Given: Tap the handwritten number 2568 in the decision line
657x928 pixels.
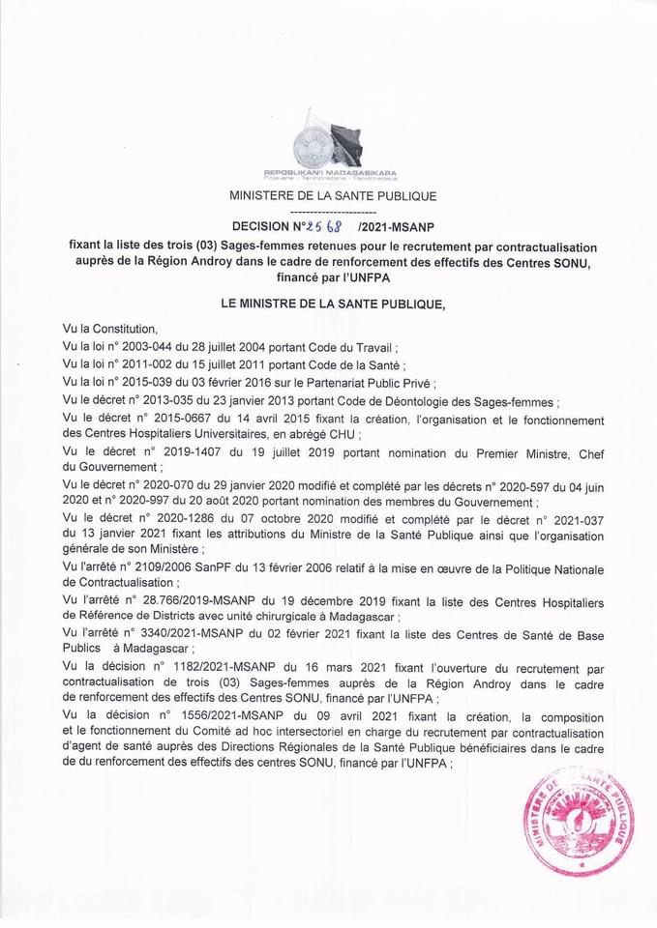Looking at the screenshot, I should tap(324, 227).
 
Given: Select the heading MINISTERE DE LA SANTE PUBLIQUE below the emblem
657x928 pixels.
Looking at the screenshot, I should tap(332, 196).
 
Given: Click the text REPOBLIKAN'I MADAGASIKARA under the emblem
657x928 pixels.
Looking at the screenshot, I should tap(331, 171).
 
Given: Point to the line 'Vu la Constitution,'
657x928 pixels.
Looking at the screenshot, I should tap(108, 329).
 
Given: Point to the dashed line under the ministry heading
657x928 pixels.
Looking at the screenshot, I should tap(332, 211).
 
